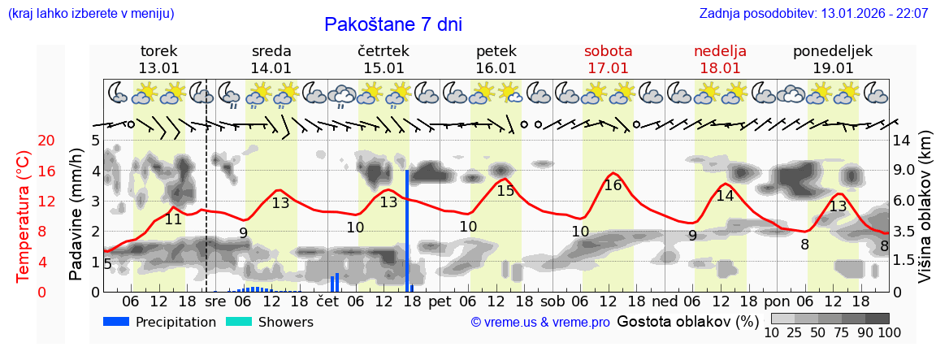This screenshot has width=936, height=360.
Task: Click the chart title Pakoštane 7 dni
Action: [x=393, y=24]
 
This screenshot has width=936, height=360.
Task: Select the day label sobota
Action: [x=608, y=51]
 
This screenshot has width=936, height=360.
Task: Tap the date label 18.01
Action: [x=720, y=68]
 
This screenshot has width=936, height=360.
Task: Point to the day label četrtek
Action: [x=383, y=51]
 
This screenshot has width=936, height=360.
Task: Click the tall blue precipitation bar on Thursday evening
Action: [x=407, y=230]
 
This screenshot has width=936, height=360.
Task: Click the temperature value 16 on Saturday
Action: [x=613, y=185]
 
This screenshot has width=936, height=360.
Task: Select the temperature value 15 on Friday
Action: [x=505, y=191]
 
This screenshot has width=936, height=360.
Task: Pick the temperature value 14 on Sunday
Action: [x=724, y=196]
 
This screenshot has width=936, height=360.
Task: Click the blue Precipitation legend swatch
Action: [x=117, y=322]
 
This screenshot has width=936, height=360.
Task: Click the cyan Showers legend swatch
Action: [x=239, y=322]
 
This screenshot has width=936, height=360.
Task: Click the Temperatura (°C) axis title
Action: [x=23, y=216]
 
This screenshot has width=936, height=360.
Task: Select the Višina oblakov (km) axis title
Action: [x=925, y=209]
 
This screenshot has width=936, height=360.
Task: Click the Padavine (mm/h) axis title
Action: [x=76, y=215]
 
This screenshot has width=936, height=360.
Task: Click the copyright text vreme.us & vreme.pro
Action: [x=540, y=323]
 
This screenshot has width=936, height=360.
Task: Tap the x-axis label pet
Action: [x=440, y=301]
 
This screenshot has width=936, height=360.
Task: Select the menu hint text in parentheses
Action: [x=90, y=14]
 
